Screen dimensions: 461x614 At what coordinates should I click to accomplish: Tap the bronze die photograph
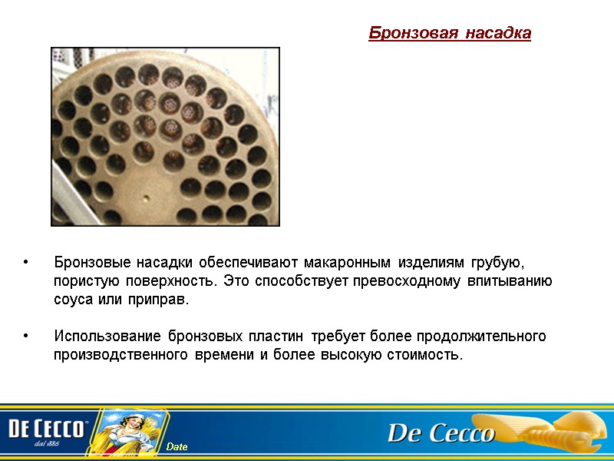[165, 137]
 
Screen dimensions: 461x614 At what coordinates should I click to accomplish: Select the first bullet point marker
[27, 262]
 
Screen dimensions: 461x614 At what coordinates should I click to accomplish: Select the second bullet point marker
[27, 337]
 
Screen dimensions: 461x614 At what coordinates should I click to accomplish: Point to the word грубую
[498, 262]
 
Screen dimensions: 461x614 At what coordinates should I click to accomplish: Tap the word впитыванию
[510, 280]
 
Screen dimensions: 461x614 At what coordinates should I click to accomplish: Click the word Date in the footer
[177, 447]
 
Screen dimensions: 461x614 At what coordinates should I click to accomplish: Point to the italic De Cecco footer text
[441, 434]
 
